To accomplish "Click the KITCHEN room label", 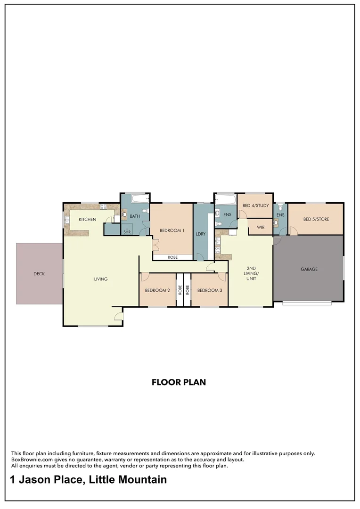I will (87, 219).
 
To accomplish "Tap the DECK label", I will (39, 273).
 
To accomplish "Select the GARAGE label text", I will (309, 269).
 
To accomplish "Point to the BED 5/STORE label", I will (316, 219).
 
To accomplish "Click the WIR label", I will (261, 227).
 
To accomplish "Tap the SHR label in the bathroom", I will (127, 232).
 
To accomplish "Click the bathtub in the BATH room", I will (139, 198).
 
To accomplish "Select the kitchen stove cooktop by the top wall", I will (103, 206).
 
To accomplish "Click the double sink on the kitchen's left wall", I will (67, 219).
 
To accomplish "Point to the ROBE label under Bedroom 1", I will (172, 257).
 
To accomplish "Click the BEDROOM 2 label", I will (157, 290).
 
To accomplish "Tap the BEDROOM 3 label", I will (209, 290).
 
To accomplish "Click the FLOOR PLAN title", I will (179, 382).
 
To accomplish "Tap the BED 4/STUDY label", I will (255, 205).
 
